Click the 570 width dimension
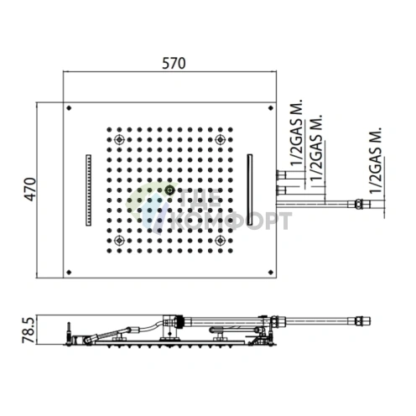pos(173,64)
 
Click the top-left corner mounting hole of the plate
pos(71,107)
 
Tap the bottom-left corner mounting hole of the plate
pos(71,269)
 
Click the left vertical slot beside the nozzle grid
pos(87,189)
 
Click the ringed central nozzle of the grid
pos(171,190)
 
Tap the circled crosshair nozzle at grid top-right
pos(220,139)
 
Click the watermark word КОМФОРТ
pos(233,221)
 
